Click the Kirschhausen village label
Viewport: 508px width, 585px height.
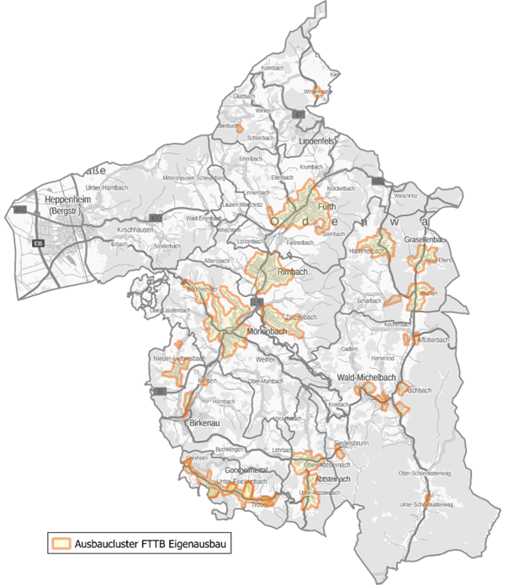(133, 229)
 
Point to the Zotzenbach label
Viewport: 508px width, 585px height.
(300, 317)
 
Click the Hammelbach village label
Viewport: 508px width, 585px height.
(371, 250)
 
